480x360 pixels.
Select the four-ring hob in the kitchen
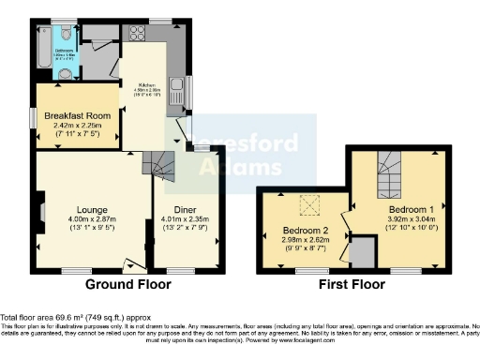tap(136, 34)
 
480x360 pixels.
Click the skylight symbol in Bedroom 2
tap(306, 204)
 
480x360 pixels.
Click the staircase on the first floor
tap(388, 174)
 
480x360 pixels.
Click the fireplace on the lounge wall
tap(40, 207)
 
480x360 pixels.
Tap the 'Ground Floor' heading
tap(127, 284)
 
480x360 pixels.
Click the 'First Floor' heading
tap(352, 284)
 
